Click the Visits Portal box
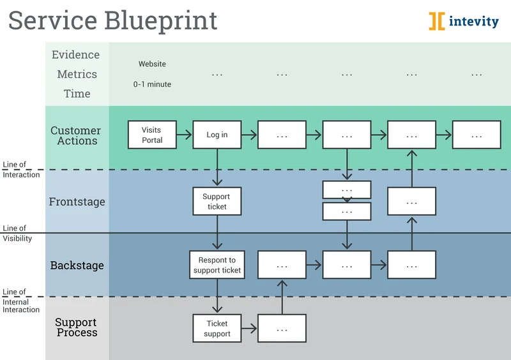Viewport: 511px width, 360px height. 152,135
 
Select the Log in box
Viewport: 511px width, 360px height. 217,135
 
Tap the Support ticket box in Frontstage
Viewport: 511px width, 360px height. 217,201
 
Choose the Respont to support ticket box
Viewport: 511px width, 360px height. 217,265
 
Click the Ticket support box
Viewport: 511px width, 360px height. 217,329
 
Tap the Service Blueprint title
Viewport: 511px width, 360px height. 112,20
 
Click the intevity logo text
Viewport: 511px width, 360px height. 473,21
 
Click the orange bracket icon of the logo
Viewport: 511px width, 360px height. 437,21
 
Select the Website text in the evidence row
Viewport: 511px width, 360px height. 152,64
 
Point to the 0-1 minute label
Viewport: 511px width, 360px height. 152,84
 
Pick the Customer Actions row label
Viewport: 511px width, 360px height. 76,135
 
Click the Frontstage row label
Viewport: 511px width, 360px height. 77,202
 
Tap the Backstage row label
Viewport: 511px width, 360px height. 77,266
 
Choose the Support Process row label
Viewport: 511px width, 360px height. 76,327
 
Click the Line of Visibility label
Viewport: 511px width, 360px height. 17,234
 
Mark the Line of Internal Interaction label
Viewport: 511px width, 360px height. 21,301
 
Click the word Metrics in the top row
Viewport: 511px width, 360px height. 77,74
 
